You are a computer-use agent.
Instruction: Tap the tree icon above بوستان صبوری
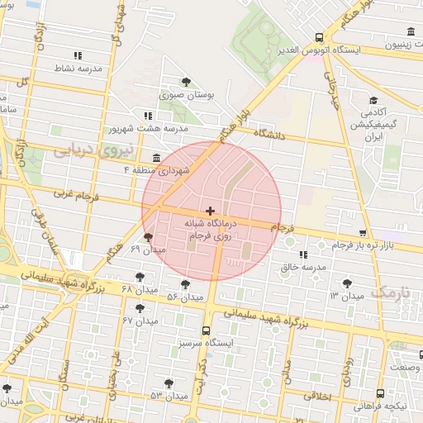(x=186, y=82)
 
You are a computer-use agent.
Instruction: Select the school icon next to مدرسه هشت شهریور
(x=148, y=116)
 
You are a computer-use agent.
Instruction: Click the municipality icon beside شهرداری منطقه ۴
(x=156, y=157)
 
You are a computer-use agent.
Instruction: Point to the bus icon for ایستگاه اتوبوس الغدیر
(x=319, y=37)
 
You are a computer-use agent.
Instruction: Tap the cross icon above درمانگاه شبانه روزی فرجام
(x=210, y=211)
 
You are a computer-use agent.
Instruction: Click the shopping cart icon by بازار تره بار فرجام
(x=364, y=233)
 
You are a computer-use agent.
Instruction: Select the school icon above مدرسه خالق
(x=303, y=254)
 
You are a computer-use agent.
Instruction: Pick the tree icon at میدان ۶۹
(x=148, y=237)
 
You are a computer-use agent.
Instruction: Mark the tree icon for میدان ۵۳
(x=169, y=383)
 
